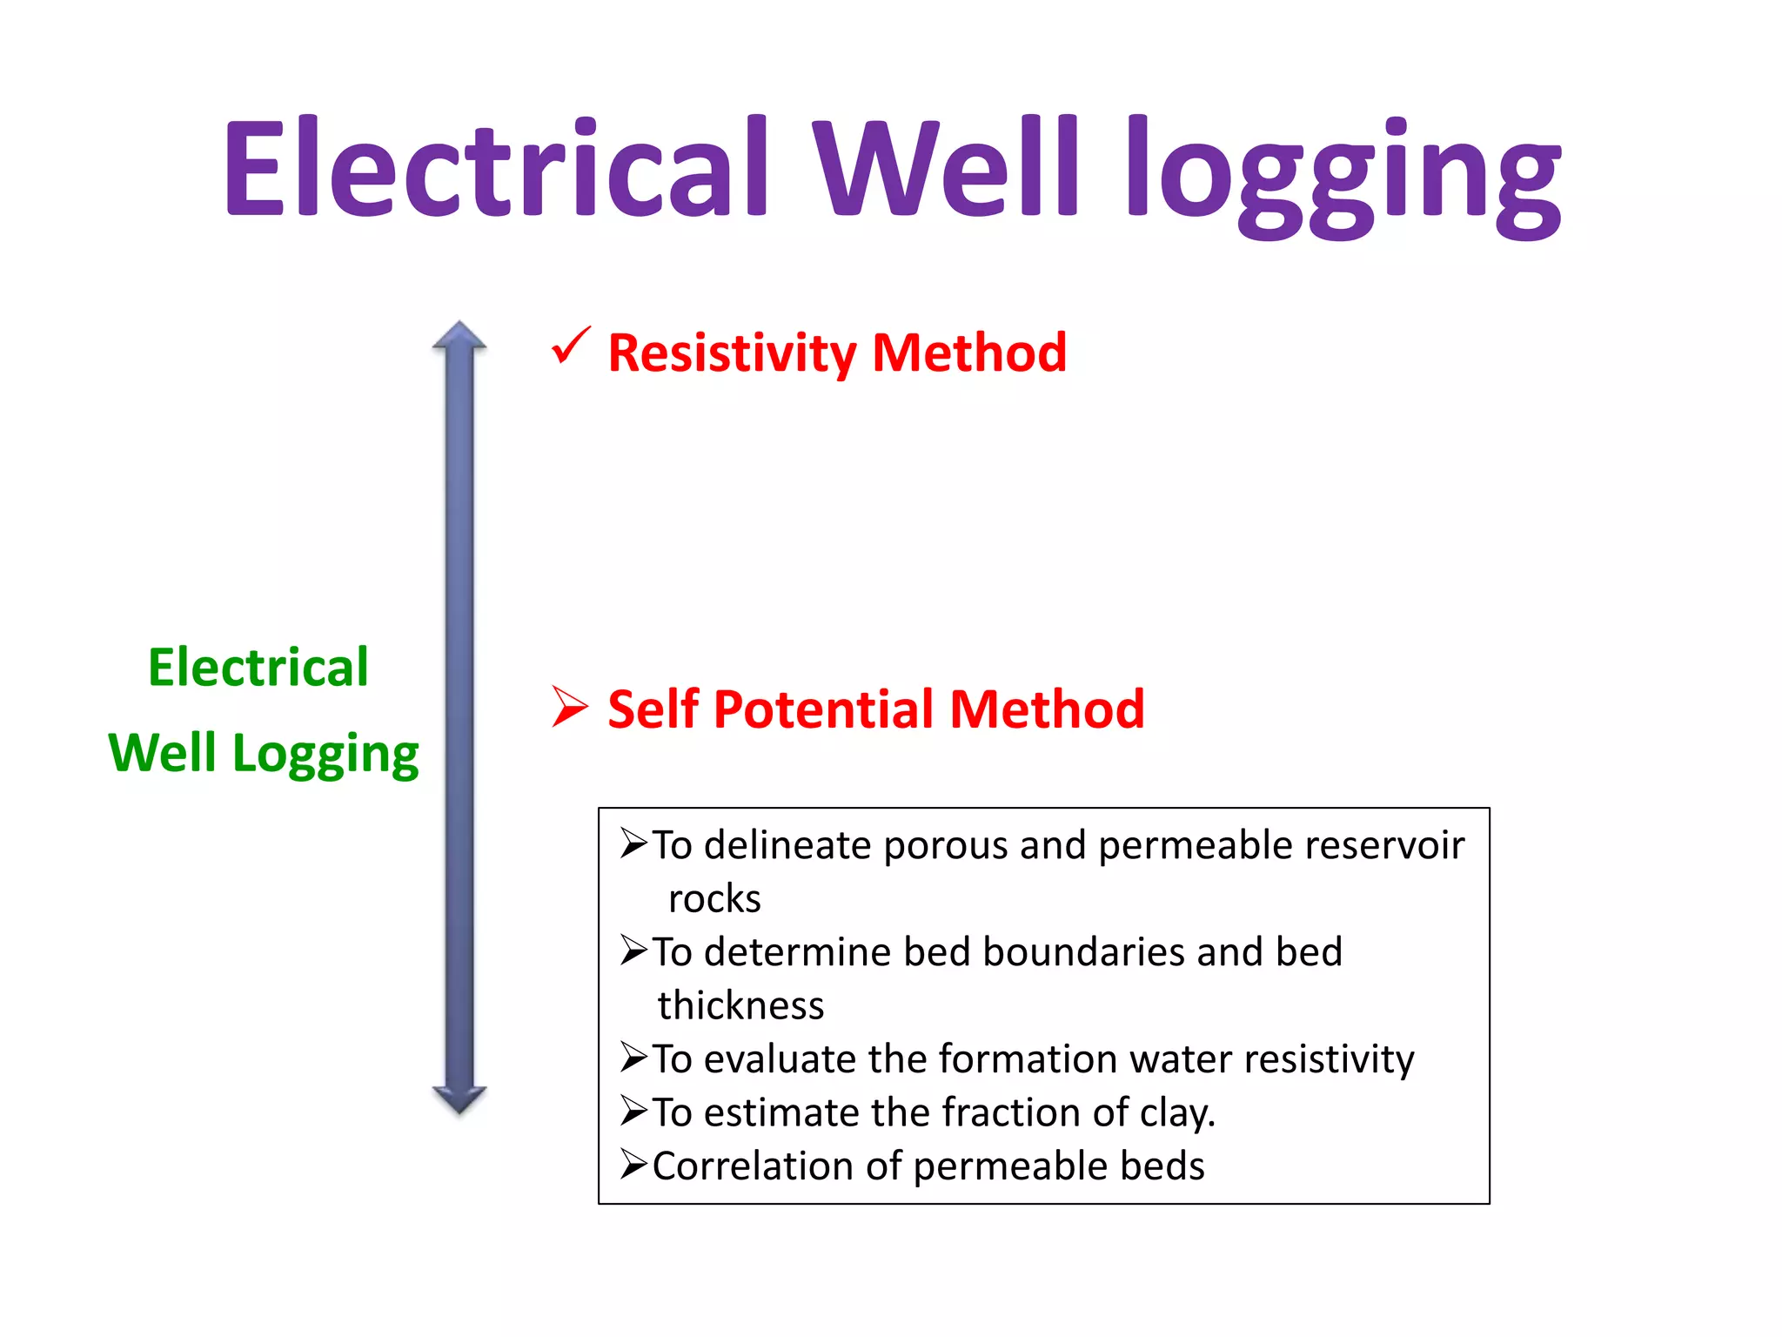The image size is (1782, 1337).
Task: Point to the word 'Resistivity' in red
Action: coord(732,353)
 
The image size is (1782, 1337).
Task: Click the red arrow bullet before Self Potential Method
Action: coord(570,706)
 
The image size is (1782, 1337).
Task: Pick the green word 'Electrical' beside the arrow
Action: coord(258,668)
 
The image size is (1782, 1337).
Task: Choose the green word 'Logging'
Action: coord(325,754)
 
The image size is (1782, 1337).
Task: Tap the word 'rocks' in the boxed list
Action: coord(714,899)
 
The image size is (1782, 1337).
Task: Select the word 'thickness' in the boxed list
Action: coord(740,1006)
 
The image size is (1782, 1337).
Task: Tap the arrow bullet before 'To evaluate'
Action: coord(633,1058)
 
